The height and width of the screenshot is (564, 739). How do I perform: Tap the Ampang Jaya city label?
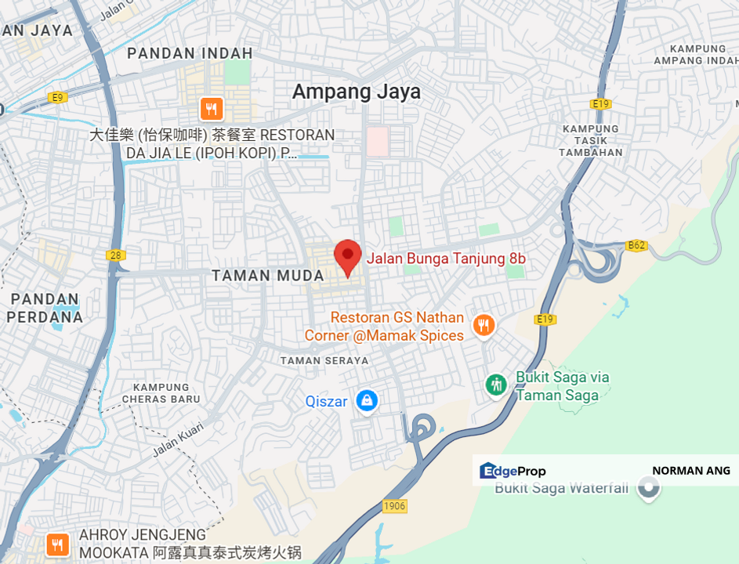tap(357, 92)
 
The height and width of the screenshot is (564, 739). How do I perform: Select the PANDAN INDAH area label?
tap(190, 53)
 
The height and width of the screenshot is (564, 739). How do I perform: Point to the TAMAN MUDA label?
tap(268, 276)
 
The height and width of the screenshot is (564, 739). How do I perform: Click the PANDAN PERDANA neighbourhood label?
tap(46, 308)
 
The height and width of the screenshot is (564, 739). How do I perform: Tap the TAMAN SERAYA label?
tap(324, 360)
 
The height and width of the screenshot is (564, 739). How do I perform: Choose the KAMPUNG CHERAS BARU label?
tap(161, 392)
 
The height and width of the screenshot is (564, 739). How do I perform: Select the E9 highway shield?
tap(56, 97)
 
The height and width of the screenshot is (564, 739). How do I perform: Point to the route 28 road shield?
tap(116, 255)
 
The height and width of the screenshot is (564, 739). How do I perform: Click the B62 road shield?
tap(636, 245)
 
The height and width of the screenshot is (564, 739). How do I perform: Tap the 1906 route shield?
tap(395, 506)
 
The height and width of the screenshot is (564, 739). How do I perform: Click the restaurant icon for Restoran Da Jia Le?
tap(210, 108)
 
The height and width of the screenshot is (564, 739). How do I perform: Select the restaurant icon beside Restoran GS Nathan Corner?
tap(484, 325)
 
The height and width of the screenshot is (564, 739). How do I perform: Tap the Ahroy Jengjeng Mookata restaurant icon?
tap(56, 544)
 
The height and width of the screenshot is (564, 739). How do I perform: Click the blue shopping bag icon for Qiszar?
tap(366, 401)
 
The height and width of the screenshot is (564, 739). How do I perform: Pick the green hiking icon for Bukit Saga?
tap(495, 385)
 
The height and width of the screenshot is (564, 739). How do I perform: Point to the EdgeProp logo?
tap(513, 471)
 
